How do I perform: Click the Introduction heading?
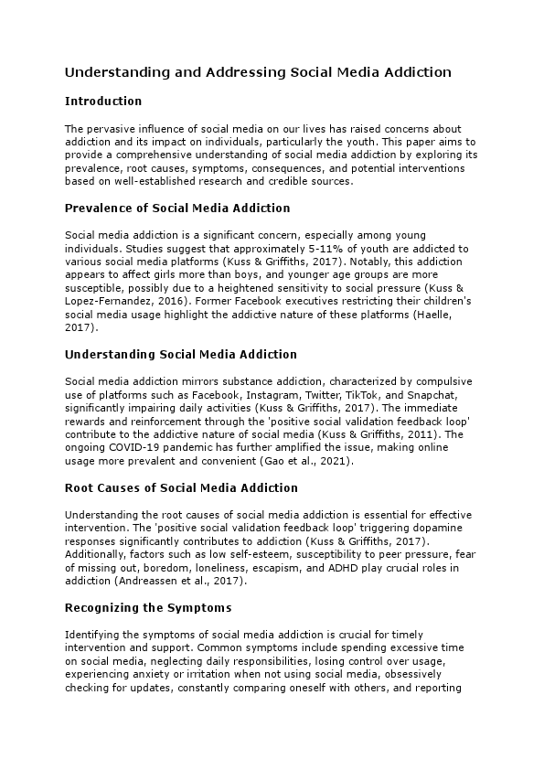[103, 101]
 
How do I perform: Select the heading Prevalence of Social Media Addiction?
[177, 208]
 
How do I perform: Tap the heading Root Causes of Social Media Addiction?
[182, 488]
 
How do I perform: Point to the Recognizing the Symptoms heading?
[147, 607]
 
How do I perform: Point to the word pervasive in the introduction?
[108, 130]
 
